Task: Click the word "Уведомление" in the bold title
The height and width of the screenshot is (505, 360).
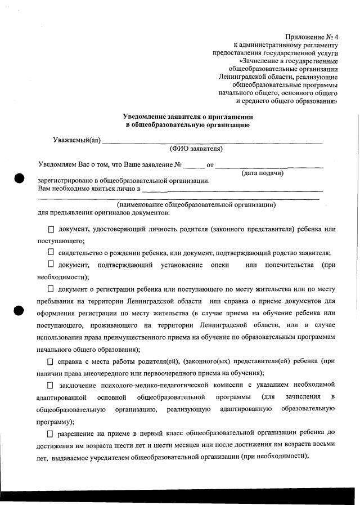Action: point(147,116)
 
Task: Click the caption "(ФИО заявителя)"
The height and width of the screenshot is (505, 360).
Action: point(196,149)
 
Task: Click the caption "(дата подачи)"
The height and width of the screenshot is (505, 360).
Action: point(263,173)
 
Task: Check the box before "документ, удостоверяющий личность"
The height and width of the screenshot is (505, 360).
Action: point(51,230)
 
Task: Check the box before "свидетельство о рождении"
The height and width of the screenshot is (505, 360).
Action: point(51,252)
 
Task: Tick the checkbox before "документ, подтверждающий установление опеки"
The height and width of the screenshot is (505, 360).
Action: point(51,264)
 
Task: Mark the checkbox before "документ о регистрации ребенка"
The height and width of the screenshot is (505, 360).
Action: point(51,289)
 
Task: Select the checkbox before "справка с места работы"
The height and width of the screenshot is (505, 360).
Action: point(51,360)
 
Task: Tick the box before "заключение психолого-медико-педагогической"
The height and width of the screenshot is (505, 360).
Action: point(51,385)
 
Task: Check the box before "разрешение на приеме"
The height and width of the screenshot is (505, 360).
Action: point(51,433)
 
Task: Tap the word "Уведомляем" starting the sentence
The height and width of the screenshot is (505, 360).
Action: point(57,166)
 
